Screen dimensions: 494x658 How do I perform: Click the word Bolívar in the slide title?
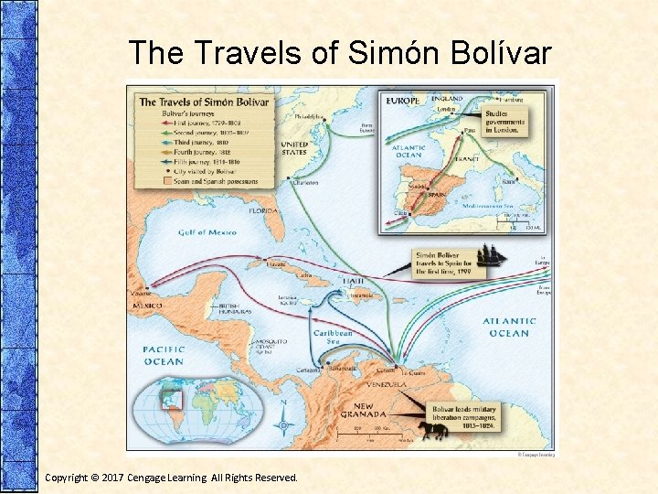(x=498, y=53)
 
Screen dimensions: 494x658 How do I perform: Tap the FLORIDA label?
(x=262, y=210)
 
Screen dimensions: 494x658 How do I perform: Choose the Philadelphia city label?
(x=308, y=117)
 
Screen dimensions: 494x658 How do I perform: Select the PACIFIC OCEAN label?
(x=164, y=355)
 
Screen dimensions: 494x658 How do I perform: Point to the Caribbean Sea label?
(x=333, y=338)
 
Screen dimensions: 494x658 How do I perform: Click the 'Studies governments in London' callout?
(x=505, y=122)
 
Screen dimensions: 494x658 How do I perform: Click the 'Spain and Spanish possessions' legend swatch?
(x=143, y=181)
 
